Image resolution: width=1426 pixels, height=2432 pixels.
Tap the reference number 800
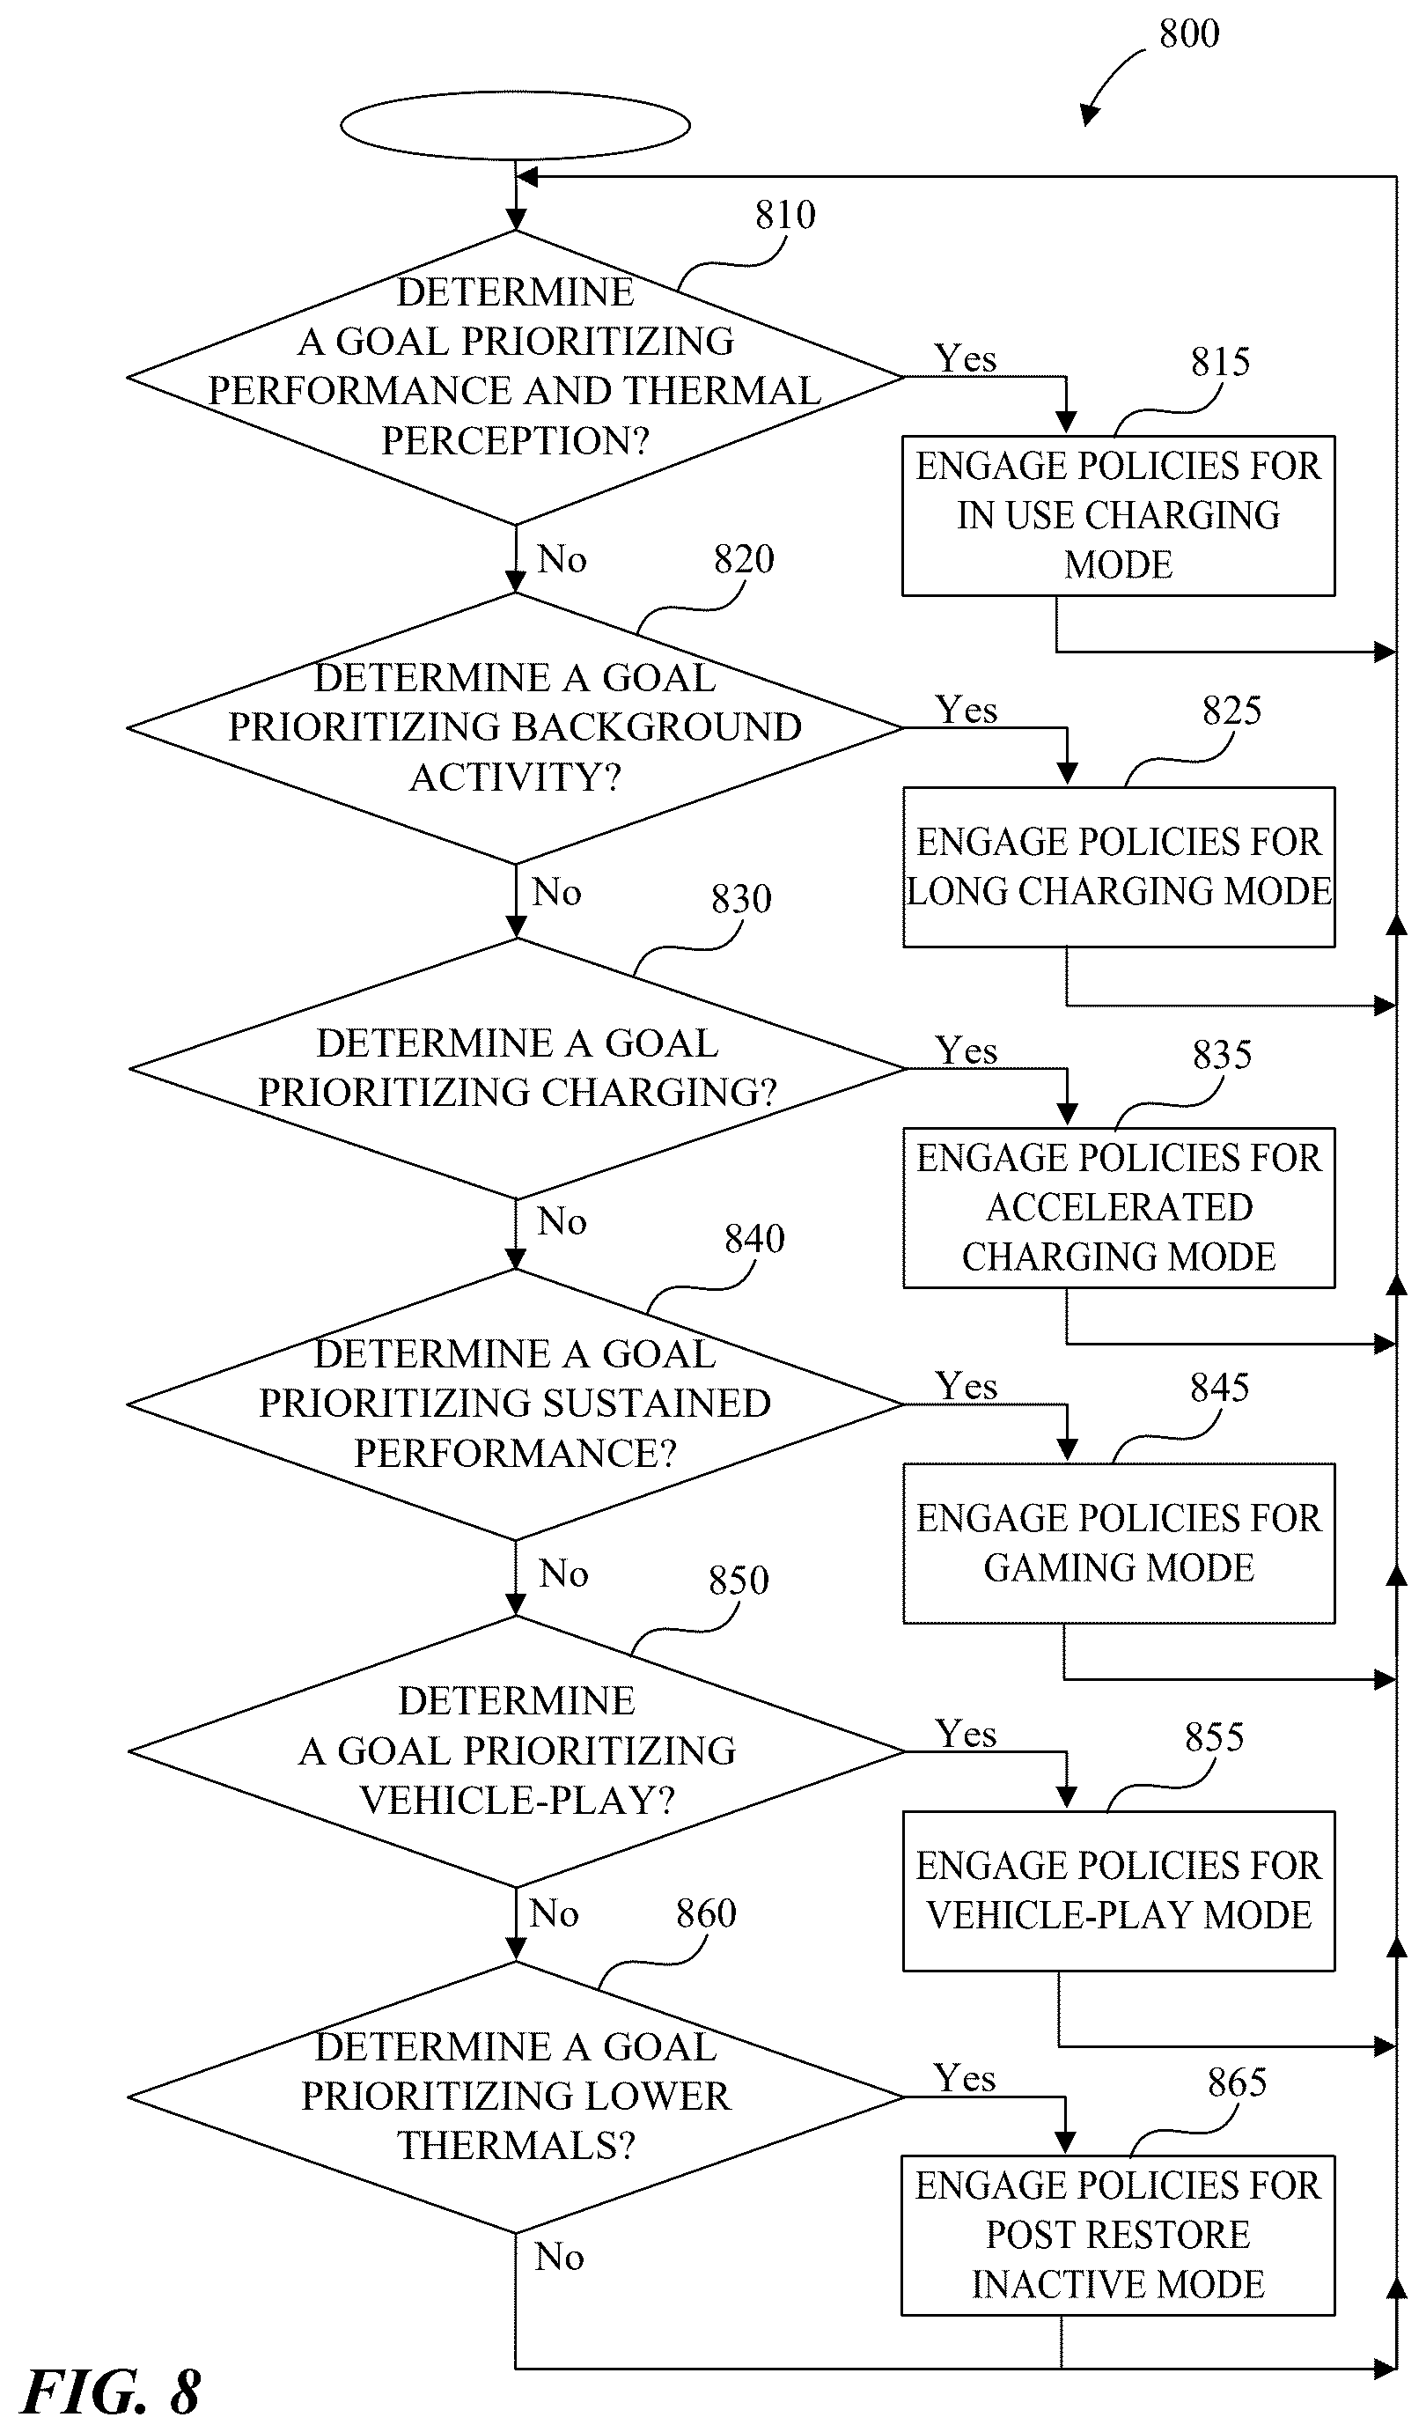tap(1188, 34)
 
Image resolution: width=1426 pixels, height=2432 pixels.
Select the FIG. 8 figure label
tap(110, 2392)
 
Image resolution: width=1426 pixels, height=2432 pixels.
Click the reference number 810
tap(784, 215)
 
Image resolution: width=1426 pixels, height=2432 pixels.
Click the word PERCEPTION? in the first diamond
tap(515, 441)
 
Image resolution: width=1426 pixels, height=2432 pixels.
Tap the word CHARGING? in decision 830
tap(659, 1093)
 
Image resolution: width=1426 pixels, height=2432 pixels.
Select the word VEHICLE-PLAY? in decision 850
tap(517, 1800)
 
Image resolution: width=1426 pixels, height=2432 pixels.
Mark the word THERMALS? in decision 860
tap(516, 2145)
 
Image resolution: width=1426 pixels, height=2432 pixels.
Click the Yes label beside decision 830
tap(966, 1050)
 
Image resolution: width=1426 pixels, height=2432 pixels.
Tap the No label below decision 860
tap(560, 2257)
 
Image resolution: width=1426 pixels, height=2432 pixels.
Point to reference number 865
tap(1237, 2082)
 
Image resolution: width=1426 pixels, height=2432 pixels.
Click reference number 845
tap(1219, 1388)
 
